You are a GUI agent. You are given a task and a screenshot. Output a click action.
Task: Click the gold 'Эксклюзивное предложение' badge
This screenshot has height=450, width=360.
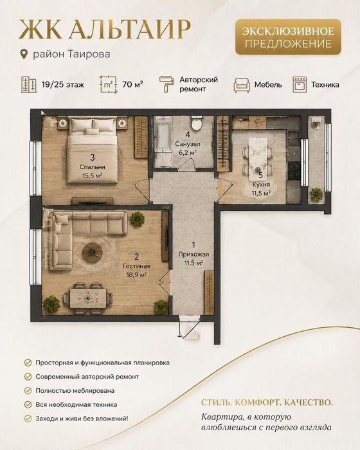(288, 37)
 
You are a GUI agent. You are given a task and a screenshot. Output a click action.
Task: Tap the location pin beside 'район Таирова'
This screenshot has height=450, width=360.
(24, 54)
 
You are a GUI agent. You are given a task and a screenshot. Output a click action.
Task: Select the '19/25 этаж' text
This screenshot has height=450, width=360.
(63, 85)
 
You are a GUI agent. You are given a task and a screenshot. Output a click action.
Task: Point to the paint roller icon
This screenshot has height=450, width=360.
(166, 84)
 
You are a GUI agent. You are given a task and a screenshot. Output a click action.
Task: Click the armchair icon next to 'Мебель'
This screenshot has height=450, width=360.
(242, 85)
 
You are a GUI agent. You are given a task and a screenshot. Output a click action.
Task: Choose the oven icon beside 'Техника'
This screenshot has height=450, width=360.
(300, 84)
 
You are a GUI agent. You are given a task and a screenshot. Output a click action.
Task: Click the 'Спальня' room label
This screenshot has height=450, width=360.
(93, 167)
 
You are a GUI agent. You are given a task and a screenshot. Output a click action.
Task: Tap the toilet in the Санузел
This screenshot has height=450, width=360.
(197, 123)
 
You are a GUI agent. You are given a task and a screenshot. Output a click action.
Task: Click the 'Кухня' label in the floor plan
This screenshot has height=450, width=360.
(261, 184)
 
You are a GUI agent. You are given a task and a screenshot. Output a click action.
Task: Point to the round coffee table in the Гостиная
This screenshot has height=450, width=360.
(93, 253)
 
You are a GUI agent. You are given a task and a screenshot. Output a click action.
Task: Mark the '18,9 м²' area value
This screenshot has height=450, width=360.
(137, 274)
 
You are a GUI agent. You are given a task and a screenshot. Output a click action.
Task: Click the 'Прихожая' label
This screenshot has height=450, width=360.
(194, 254)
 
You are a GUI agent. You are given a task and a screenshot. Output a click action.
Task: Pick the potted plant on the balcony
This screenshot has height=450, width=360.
(316, 194)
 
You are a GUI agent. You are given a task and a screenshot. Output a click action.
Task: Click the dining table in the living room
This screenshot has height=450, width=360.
(88, 298)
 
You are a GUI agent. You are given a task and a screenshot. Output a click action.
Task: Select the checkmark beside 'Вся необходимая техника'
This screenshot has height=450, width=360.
(28, 404)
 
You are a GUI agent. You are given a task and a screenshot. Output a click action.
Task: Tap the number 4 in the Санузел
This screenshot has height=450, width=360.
(188, 134)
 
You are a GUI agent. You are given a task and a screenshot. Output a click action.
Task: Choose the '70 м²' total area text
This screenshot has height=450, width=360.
(133, 84)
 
